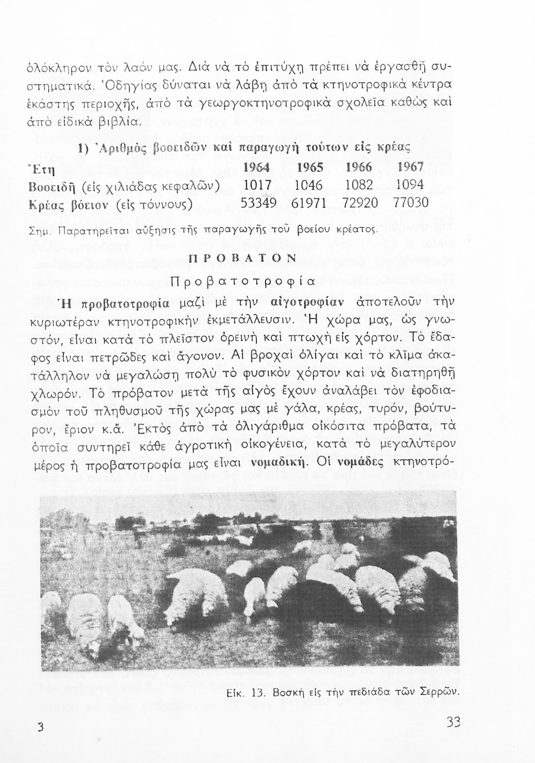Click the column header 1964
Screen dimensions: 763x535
pyautogui.click(x=256, y=167)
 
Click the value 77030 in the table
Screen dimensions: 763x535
pyautogui.click(x=411, y=203)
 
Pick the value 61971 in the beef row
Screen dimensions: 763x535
pyautogui.click(x=308, y=203)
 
